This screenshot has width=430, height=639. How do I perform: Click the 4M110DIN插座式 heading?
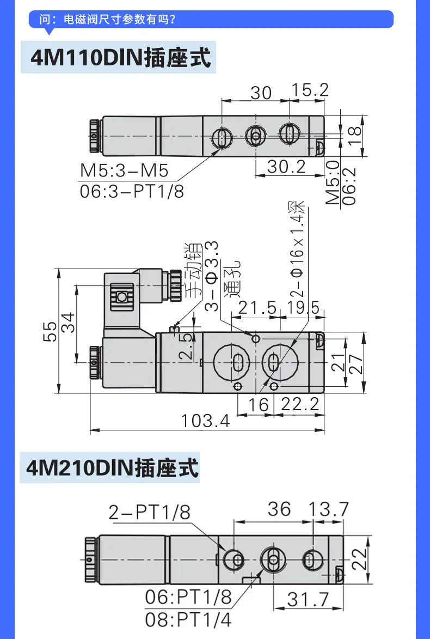(x=121, y=57)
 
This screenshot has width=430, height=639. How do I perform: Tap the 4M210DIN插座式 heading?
(x=112, y=467)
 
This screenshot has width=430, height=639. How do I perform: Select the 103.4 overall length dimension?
(x=205, y=420)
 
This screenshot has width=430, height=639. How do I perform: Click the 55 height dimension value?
(x=51, y=332)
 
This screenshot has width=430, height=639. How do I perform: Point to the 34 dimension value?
(x=68, y=322)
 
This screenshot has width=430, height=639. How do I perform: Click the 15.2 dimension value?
(x=310, y=90)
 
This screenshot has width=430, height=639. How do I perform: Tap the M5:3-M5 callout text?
(x=124, y=171)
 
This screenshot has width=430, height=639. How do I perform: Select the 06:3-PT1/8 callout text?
(x=132, y=191)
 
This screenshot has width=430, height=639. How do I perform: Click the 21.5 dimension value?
(x=257, y=308)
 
